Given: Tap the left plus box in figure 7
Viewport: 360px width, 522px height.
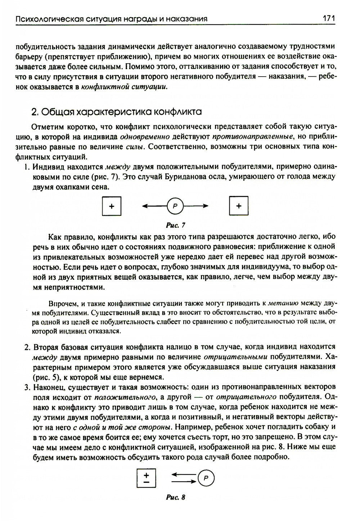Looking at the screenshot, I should (112, 206).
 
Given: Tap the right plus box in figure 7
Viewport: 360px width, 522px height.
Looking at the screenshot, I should (239, 206).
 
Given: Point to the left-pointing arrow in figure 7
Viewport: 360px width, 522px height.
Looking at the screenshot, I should (154, 206).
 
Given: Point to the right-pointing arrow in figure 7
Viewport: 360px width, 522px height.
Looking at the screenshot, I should (196, 206).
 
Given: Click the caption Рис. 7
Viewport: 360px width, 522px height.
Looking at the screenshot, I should (176, 226).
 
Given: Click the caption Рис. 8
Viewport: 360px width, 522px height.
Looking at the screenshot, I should (176, 498).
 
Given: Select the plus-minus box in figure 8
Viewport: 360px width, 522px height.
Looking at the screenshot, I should (146, 478).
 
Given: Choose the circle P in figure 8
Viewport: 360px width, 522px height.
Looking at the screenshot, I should (206, 478).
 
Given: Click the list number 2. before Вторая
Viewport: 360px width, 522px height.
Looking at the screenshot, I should (27, 347).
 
